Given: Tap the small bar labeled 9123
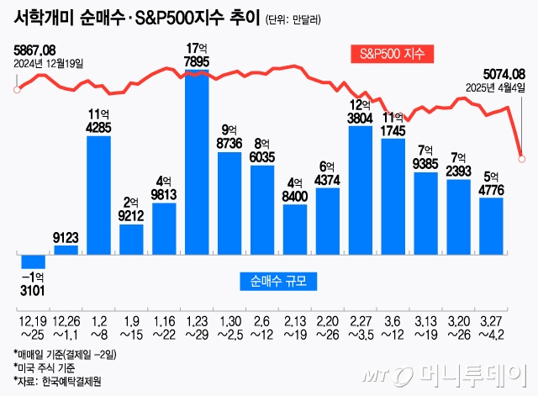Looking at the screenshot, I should click(66, 249).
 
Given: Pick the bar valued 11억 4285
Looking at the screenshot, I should click(98, 193).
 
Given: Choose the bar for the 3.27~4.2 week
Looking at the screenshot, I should click(491, 225).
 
